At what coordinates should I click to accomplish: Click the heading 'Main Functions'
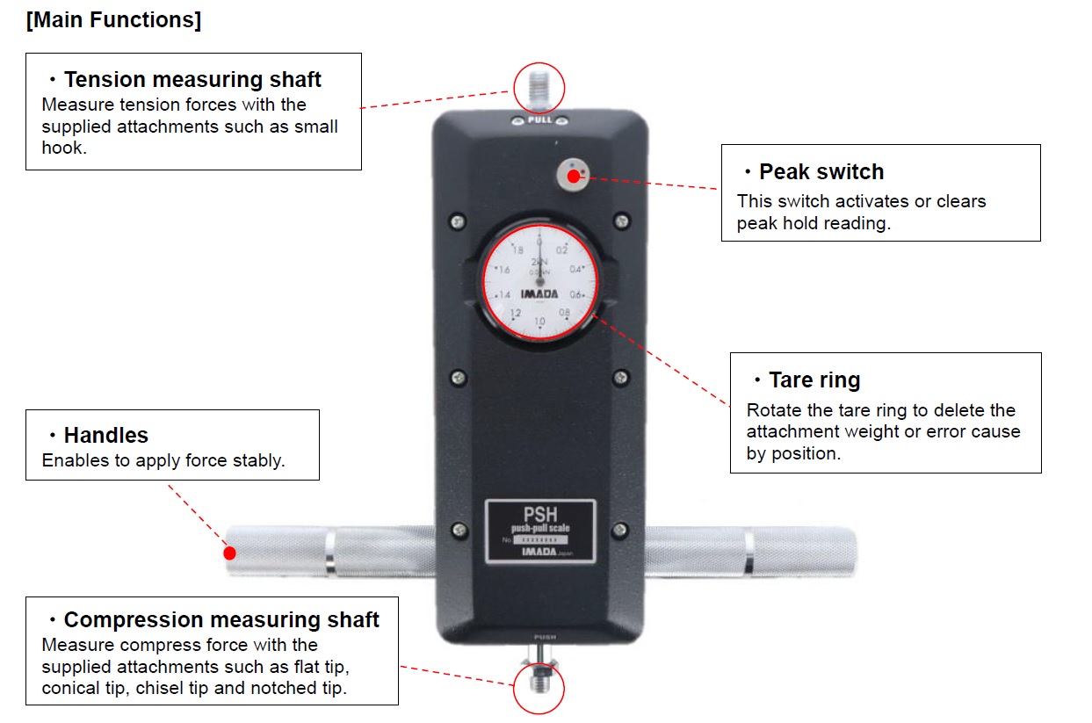(x=113, y=20)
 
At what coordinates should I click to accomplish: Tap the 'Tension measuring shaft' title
(x=192, y=80)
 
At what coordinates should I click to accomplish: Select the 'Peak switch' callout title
(x=821, y=171)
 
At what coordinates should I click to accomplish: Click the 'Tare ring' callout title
(x=814, y=380)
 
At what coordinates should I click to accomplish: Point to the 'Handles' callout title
(x=106, y=435)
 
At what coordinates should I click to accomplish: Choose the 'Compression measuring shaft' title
(x=221, y=619)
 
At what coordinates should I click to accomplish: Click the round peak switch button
(x=574, y=176)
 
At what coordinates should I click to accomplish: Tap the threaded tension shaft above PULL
(x=539, y=89)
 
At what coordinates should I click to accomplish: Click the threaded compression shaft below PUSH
(x=538, y=682)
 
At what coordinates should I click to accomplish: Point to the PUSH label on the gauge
(x=539, y=635)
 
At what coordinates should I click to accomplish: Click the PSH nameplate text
(x=540, y=513)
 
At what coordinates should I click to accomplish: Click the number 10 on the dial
(x=539, y=322)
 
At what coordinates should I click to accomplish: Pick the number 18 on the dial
(x=505, y=250)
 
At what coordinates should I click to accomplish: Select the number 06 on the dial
(x=576, y=293)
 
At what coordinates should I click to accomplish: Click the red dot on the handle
(x=229, y=553)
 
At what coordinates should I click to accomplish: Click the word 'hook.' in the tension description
(x=63, y=148)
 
